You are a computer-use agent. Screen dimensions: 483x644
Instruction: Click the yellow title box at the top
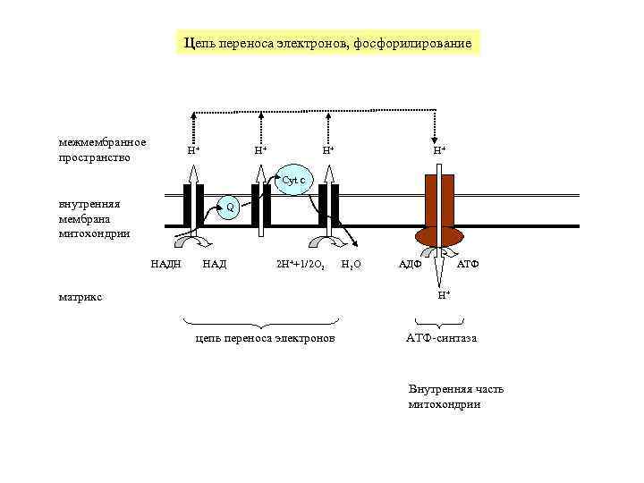(326, 43)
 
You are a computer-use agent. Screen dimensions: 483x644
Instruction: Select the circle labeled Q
(230, 208)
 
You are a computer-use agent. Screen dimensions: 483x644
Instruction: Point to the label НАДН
(165, 264)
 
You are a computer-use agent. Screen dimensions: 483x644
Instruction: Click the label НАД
(215, 264)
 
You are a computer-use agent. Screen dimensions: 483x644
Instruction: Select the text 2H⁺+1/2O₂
(300, 265)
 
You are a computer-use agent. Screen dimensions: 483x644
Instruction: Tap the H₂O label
(352, 265)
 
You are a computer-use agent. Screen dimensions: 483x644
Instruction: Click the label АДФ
(410, 264)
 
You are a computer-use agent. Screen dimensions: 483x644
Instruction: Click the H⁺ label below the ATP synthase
(444, 295)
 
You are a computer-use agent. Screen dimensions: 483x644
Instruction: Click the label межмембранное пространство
(102, 150)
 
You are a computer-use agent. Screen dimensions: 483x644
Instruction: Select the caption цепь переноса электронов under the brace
(265, 339)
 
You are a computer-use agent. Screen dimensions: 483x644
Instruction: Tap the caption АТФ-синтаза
(441, 339)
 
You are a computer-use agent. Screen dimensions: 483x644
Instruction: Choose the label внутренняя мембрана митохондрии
(94, 218)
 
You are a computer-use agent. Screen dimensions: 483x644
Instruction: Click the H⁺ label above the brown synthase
(439, 150)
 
